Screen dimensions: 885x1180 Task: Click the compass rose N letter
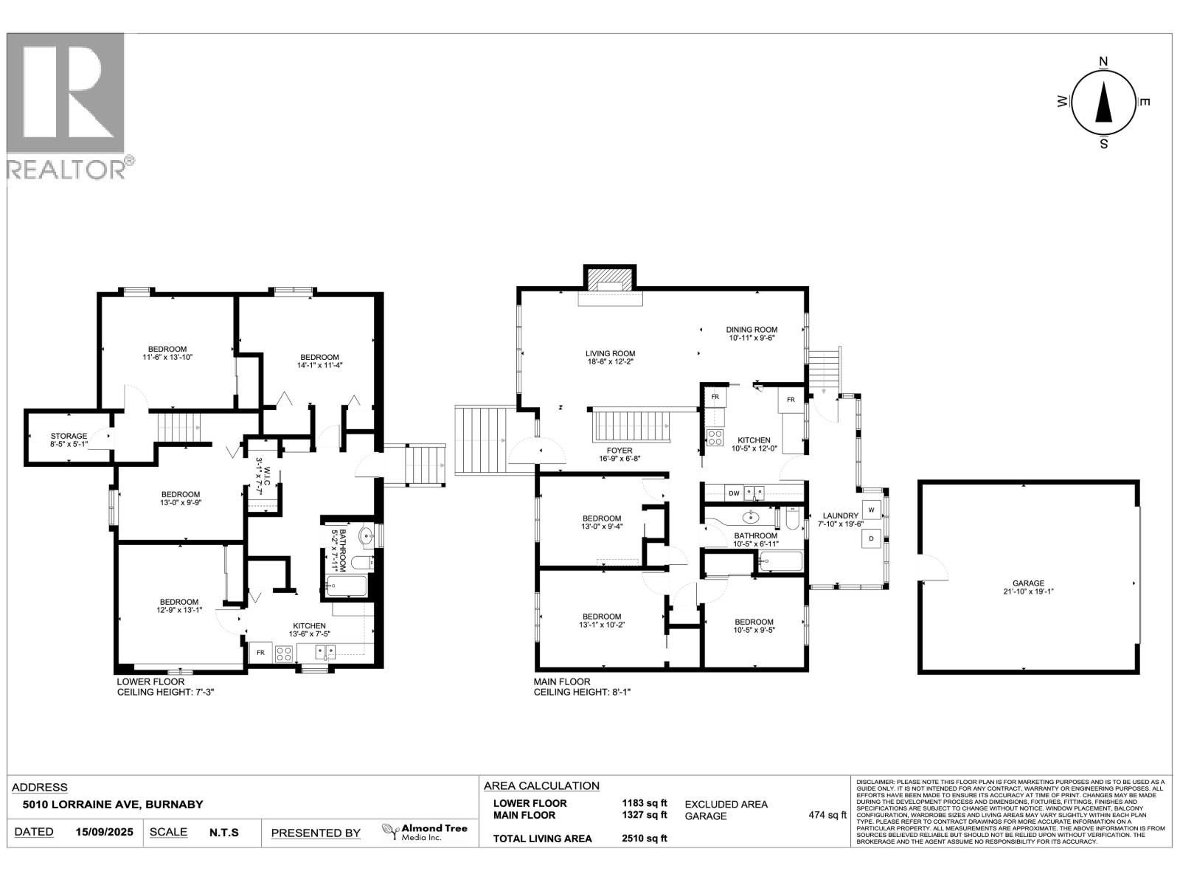[1103, 61]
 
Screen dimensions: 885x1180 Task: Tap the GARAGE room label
[1027, 583]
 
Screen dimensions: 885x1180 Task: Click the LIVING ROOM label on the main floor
[610, 353]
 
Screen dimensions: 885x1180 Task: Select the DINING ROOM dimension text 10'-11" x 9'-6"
[752, 338]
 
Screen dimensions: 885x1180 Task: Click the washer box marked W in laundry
[871, 510]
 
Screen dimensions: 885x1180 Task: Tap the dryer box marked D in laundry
[871, 538]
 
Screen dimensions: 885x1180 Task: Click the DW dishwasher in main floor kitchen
[734, 492]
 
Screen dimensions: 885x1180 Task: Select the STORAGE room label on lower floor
[69, 436]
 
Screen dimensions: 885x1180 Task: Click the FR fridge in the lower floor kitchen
[260, 653]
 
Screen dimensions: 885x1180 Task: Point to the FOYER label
[619, 450]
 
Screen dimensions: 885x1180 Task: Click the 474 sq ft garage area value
[827, 815]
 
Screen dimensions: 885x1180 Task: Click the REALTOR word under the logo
[66, 169]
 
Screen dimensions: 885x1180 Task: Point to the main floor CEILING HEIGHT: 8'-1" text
[583, 693]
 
